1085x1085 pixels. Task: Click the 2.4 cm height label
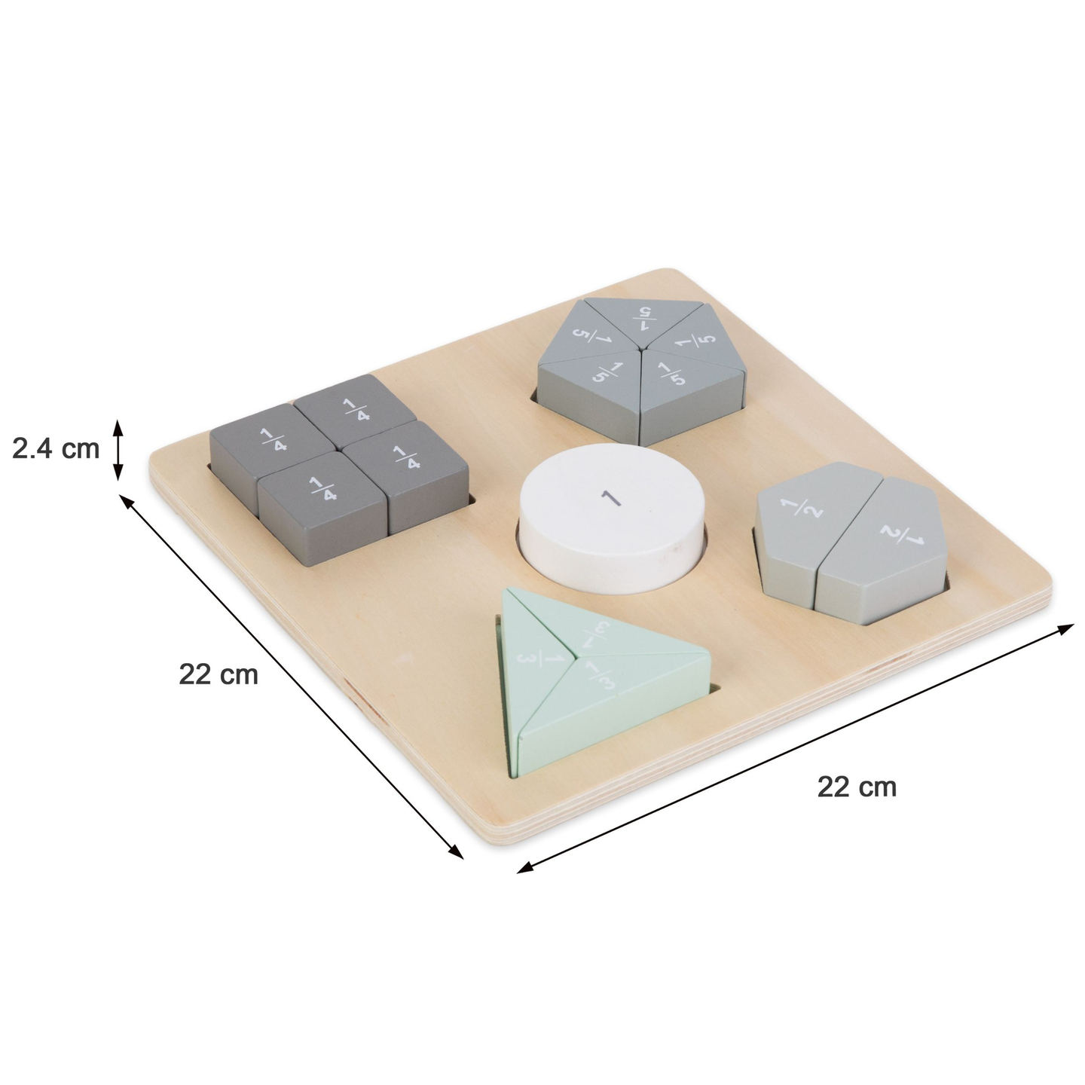[x=56, y=449]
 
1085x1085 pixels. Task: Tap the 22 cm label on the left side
[x=219, y=674]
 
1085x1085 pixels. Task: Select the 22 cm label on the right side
[x=857, y=787]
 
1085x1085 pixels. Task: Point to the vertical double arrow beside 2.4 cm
[x=118, y=450]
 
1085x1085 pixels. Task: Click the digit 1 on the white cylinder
[x=609, y=497]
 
